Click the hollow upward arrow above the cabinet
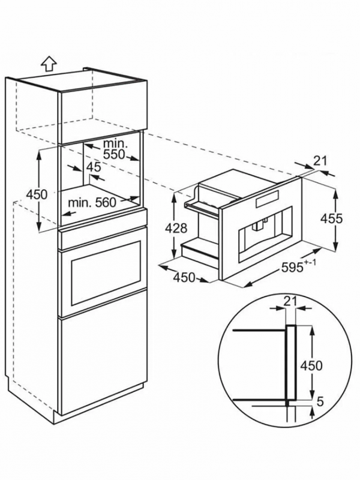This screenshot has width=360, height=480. click(49, 65)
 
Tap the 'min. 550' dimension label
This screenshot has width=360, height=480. click(114, 149)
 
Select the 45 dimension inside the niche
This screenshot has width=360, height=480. click(94, 167)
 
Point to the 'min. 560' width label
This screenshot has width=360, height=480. click(92, 202)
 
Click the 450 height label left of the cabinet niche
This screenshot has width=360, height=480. click(37, 194)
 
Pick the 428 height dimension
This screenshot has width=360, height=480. click(176, 228)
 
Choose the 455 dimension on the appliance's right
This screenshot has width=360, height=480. click(331, 218)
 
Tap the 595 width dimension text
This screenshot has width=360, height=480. click(292, 268)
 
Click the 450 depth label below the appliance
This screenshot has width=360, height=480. click(184, 278)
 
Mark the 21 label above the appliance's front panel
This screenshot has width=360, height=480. click(320, 161)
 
